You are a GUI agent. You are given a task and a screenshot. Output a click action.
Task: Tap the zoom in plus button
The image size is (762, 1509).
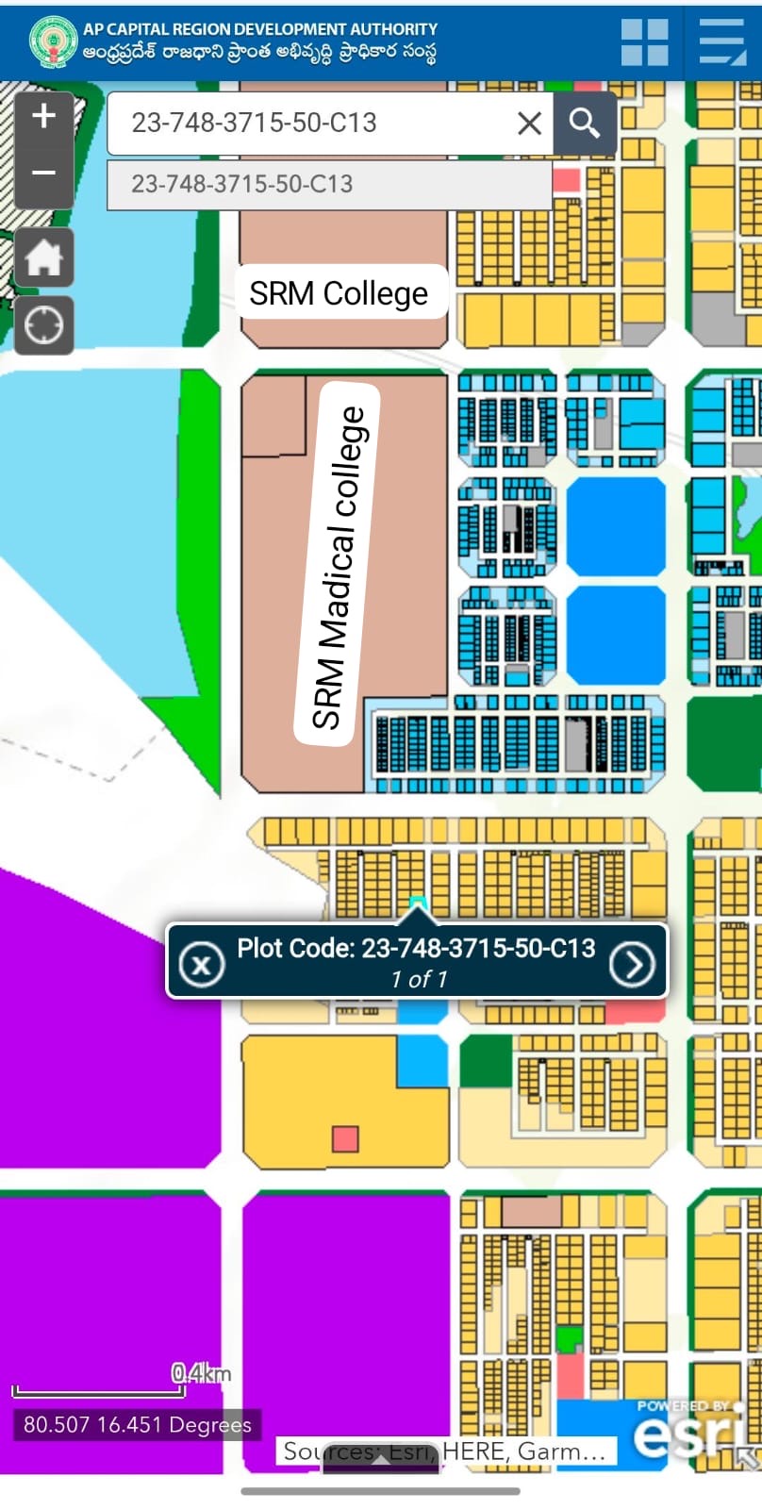43,117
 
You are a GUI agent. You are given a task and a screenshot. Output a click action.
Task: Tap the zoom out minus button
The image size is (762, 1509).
43,174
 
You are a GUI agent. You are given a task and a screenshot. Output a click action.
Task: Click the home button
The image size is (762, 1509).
43,257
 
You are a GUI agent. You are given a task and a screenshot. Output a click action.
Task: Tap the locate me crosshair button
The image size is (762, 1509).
43,325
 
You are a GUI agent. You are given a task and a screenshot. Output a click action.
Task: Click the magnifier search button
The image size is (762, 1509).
585,123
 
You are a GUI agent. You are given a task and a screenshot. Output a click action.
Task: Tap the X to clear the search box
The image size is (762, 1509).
529,123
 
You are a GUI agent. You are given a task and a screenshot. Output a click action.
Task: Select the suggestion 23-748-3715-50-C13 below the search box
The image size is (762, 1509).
241,183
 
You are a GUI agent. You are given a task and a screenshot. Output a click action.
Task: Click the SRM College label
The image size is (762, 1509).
339,293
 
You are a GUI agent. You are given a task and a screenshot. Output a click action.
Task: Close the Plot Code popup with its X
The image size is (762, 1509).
201,964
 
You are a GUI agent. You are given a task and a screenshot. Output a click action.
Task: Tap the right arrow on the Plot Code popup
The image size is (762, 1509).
631,964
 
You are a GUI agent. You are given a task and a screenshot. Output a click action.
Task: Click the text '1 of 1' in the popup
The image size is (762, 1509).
419,980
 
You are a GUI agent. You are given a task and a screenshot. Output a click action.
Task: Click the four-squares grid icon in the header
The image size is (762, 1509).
645,42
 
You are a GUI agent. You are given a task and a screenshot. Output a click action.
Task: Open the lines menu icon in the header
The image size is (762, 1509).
721,42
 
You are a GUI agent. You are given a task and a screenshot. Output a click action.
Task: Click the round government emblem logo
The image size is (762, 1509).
53,41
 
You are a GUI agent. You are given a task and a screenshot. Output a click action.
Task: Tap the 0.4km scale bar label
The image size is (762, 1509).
200,1373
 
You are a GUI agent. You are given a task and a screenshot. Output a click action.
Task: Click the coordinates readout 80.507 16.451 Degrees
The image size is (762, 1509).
138,1424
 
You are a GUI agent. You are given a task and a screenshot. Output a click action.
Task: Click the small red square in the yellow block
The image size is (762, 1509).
345,1138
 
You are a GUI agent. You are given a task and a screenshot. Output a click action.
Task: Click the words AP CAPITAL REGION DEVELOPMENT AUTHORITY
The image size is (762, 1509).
260,29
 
